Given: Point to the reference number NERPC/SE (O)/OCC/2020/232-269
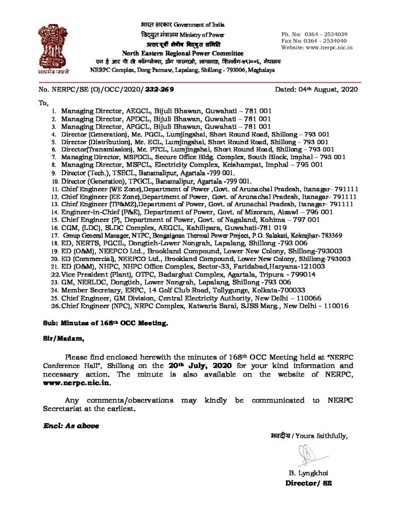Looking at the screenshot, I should point(106,90).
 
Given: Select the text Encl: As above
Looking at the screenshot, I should point(70,426).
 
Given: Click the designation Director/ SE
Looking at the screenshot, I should point(308,483).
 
